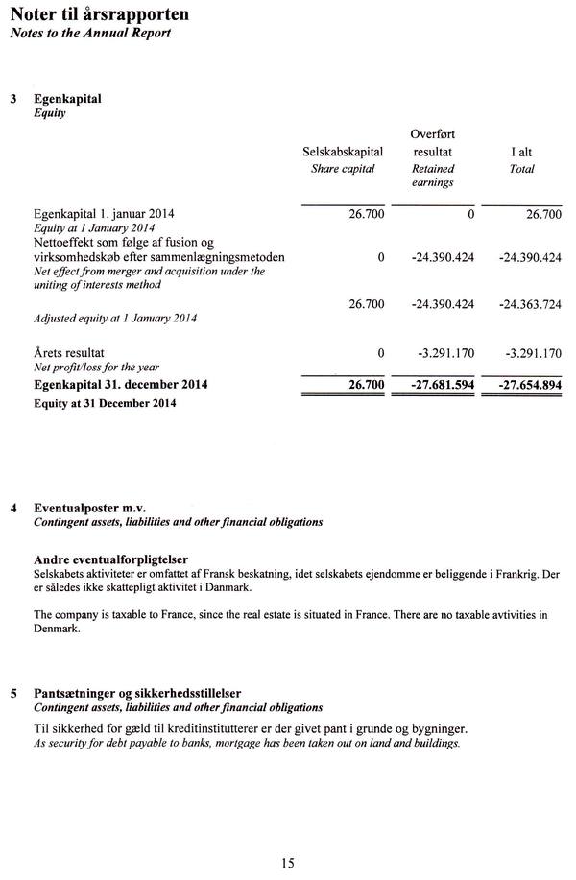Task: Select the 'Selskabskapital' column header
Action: tap(343, 152)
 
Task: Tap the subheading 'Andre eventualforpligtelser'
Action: tap(109, 559)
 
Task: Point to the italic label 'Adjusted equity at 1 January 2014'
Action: tap(115, 318)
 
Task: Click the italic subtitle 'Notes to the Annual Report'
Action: tap(90, 34)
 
